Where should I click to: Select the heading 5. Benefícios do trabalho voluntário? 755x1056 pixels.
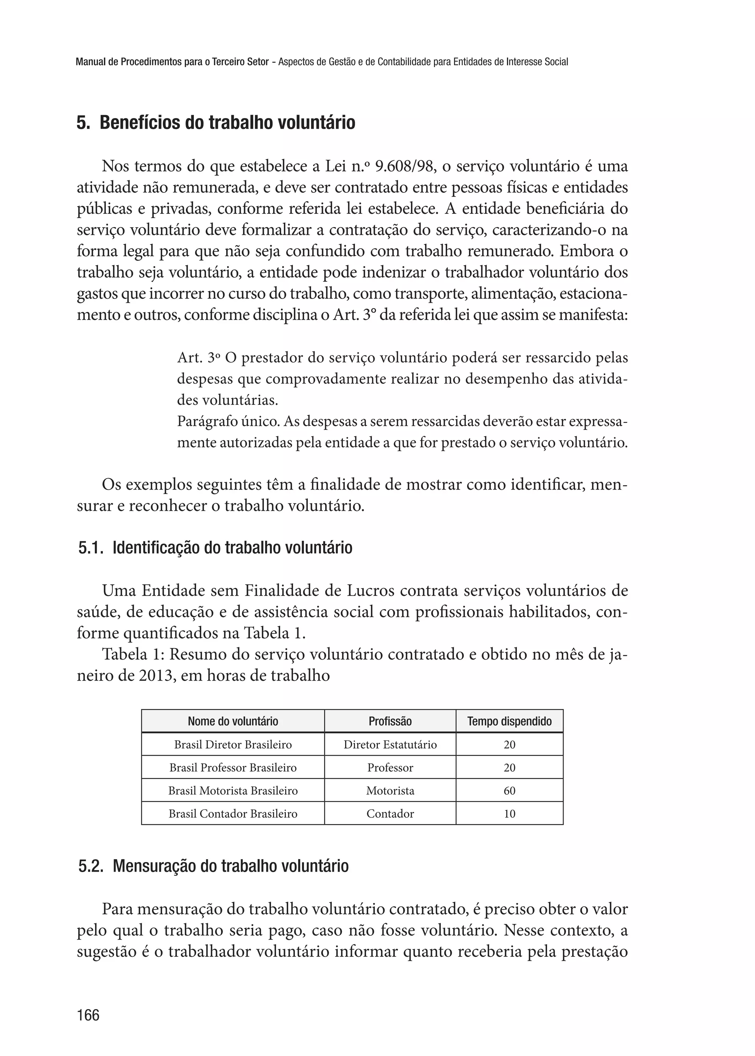[x=216, y=123]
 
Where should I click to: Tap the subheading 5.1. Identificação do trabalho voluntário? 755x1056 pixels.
[x=215, y=548]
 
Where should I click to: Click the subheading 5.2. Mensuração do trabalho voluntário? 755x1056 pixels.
[x=213, y=866]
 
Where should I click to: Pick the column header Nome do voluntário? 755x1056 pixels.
[x=233, y=721]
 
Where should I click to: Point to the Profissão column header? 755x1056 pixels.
[x=390, y=721]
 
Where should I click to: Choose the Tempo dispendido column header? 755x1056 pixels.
[x=509, y=721]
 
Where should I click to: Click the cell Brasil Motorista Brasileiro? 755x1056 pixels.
[x=233, y=791]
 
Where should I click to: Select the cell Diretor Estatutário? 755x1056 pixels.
[x=390, y=744]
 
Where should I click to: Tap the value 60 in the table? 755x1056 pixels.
[x=509, y=791]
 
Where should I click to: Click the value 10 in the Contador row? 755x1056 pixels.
[x=509, y=813]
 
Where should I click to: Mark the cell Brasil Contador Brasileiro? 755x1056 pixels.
[x=233, y=813]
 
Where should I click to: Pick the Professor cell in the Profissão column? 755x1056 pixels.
[x=390, y=768]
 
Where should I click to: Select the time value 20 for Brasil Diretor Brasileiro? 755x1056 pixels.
[x=509, y=744]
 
